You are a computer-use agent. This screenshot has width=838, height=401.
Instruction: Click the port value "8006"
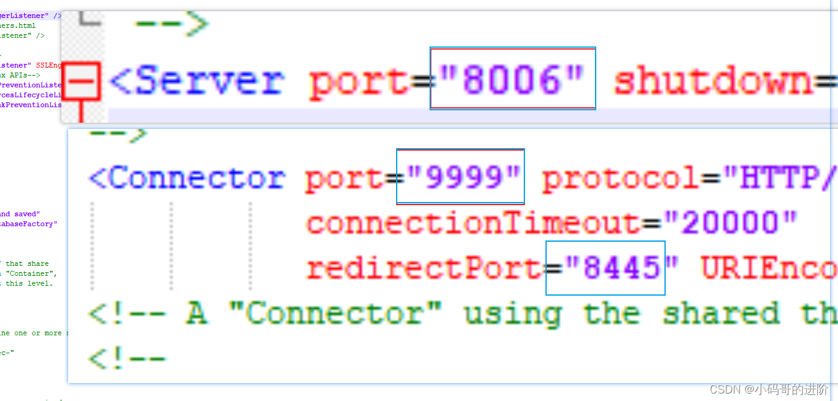pos(513,81)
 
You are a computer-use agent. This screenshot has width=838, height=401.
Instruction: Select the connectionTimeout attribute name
pos(473,223)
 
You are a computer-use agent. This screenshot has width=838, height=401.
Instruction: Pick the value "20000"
pos(730,223)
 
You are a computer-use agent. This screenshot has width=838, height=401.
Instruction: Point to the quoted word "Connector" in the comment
pos(335,314)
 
